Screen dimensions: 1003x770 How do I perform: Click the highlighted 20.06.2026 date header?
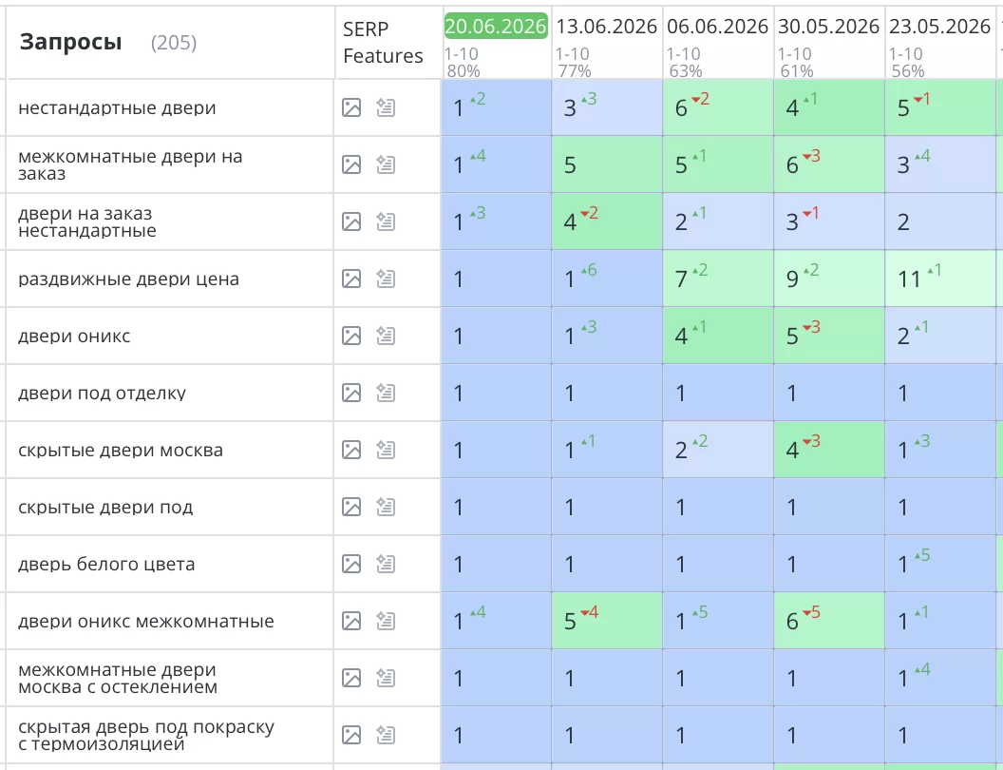[496, 27]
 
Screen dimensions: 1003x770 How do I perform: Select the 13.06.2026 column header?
[606, 27]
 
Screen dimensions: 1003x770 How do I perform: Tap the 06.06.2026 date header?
[718, 27]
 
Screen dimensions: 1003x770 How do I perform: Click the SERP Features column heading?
[383, 42]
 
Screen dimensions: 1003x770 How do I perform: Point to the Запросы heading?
[70, 42]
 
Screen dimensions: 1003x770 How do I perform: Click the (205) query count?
[174, 43]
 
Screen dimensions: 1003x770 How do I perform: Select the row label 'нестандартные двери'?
[117, 107]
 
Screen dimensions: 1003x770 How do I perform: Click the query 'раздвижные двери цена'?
[128, 279]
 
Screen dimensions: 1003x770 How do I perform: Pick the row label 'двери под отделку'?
[102, 393]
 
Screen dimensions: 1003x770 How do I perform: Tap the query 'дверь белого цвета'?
[106, 564]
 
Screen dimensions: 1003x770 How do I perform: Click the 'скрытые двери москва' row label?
[121, 450]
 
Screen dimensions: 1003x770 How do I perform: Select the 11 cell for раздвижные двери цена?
[940, 279]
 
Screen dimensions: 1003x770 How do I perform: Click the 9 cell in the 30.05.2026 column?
[829, 279]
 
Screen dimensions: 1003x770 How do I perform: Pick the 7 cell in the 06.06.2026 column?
[718, 279]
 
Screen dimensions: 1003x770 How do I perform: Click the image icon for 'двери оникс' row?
[351, 336]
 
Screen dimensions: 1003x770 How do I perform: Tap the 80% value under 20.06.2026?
[464, 71]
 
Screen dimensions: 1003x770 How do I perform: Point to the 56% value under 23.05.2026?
[908, 71]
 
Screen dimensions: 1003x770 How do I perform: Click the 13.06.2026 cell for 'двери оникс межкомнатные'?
[607, 621]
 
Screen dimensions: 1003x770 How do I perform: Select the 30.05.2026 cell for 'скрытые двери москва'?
[829, 450]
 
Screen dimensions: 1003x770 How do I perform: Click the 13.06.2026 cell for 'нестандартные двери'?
[607, 107]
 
